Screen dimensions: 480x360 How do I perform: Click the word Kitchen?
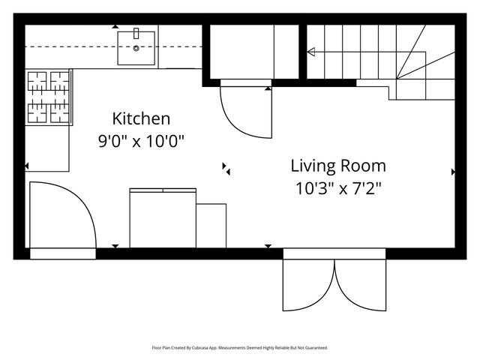pos(141,118)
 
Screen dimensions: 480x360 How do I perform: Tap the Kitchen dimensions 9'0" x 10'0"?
pos(141,142)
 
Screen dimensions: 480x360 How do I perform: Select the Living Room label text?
pos(338,166)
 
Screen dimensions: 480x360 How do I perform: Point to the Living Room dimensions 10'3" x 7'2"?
pos(338,188)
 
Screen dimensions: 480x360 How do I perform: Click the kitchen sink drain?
pos(136,48)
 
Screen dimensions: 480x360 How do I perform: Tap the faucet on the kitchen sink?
pos(136,33)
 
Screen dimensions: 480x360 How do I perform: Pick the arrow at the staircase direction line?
pos(311,52)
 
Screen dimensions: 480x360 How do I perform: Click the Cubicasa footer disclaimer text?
pos(240,348)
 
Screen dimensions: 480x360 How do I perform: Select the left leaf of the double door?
pos(308,285)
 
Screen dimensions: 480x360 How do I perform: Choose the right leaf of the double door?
pos(361,285)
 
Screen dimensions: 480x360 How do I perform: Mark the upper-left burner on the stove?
pos(37,82)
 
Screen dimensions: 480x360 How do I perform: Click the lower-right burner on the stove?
pos(60,113)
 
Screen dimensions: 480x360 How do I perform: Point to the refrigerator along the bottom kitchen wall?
pos(163,218)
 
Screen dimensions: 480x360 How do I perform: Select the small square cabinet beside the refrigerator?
pos(211,226)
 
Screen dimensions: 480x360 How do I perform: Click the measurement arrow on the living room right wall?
pos(453,172)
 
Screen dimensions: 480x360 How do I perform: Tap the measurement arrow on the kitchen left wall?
pos(27,166)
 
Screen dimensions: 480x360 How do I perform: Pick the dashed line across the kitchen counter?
pos(113,46)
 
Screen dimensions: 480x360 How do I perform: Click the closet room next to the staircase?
pos(254,52)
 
